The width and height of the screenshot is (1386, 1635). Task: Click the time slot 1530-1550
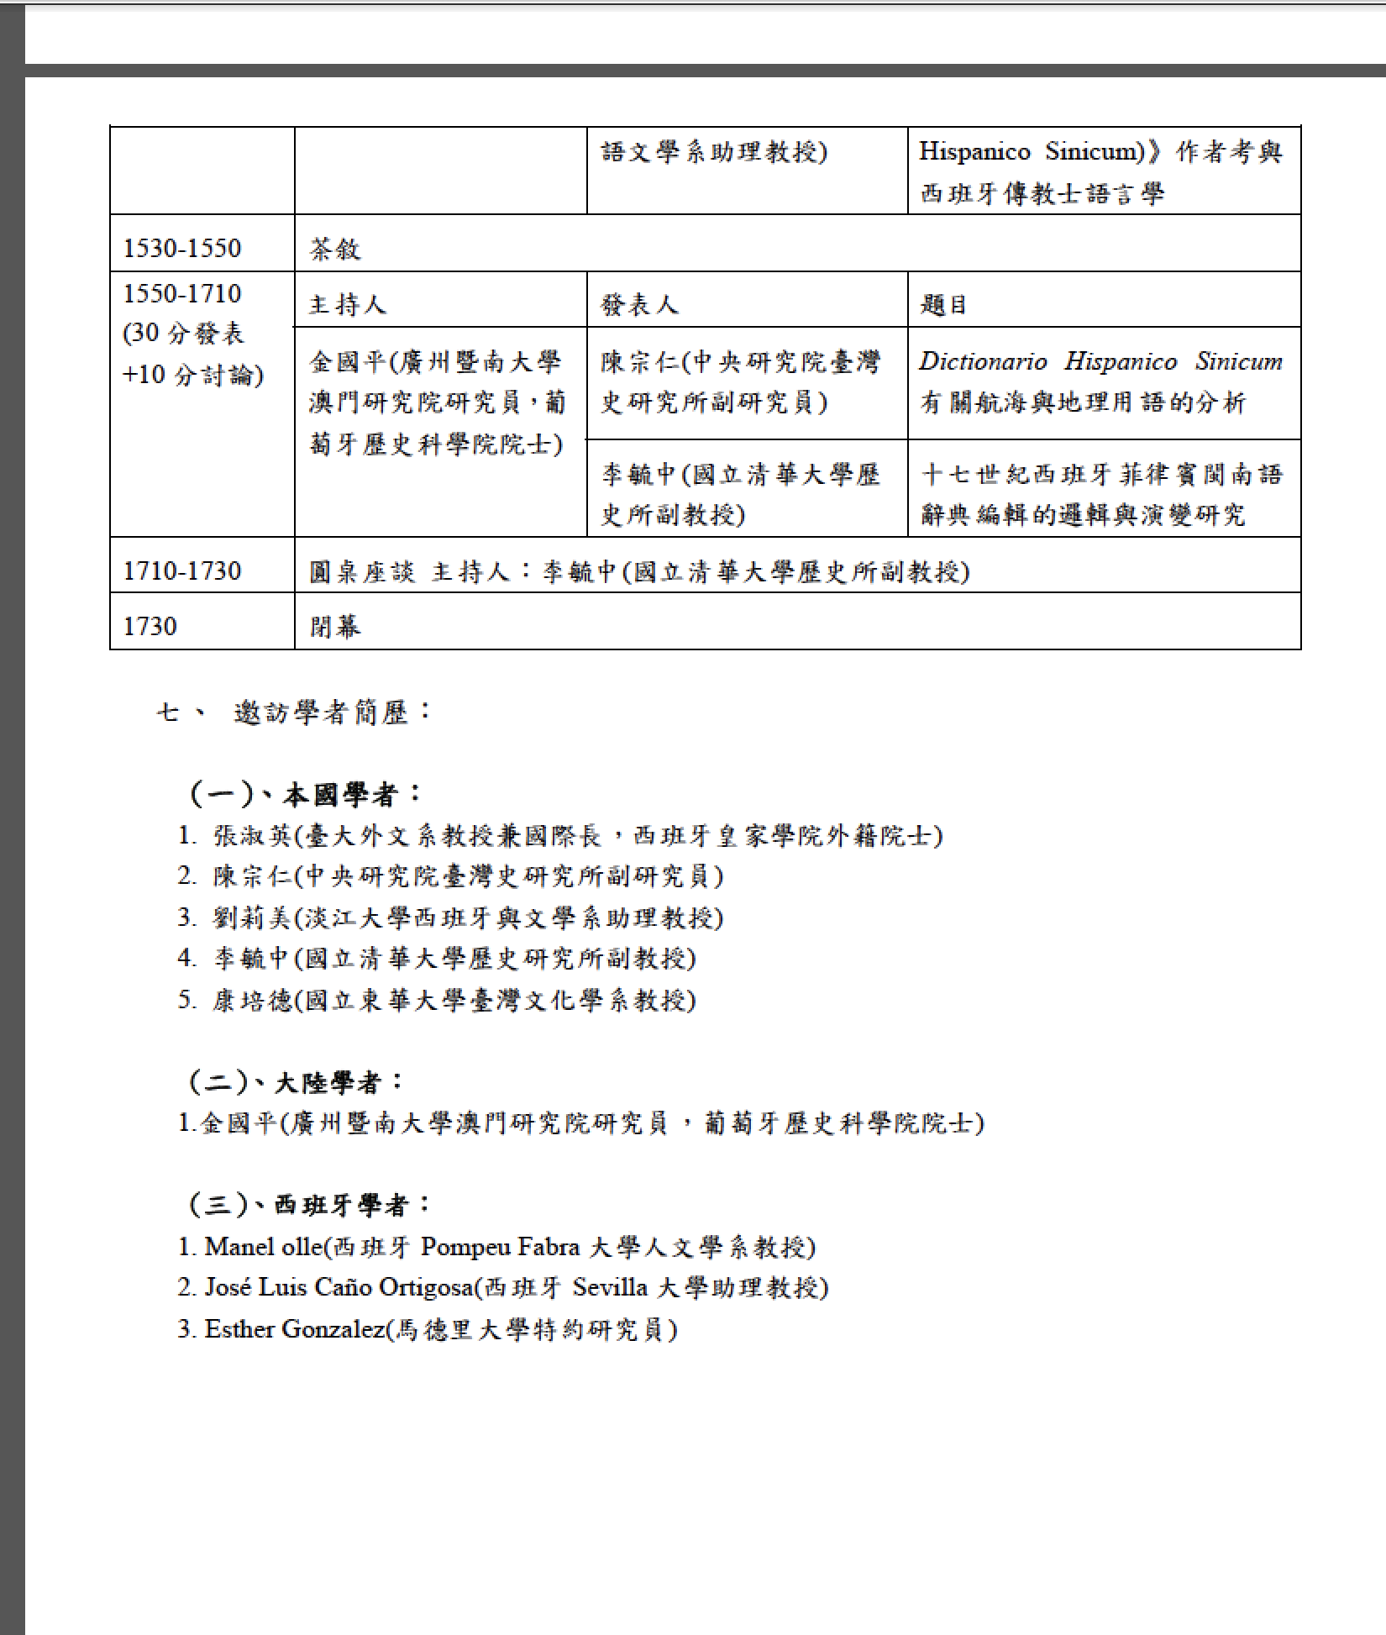click(182, 248)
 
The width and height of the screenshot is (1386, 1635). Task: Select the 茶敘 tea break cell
click(335, 249)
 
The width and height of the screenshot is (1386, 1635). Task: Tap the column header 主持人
click(348, 304)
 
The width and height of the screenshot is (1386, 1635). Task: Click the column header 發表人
click(639, 304)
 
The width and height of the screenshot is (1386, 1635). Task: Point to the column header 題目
click(944, 304)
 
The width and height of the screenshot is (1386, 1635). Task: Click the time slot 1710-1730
click(182, 571)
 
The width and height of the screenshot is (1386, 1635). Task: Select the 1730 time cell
click(150, 626)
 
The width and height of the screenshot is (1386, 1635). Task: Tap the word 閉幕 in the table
click(335, 627)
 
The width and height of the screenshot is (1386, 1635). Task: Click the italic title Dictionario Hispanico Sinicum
click(1100, 361)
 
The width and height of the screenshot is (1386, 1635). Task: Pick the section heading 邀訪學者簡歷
click(332, 712)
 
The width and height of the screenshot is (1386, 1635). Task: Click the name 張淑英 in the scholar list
click(252, 835)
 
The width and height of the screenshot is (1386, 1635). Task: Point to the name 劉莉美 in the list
click(252, 917)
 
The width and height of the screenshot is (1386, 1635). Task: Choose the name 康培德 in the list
click(252, 1000)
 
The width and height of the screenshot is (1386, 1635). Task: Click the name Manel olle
click(263, 1247)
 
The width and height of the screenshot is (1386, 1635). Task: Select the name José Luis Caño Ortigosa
click(339, 1287)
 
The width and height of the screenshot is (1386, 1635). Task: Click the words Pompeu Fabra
click(499, 1247)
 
